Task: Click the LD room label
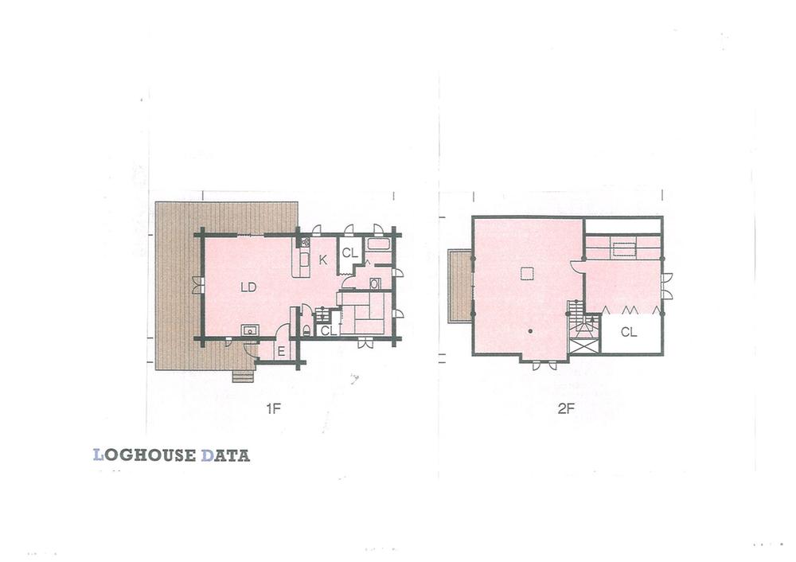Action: [248, 287]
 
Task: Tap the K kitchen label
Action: [324, 260]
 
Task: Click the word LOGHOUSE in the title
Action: [145, 456]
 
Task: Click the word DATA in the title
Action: [225, 456]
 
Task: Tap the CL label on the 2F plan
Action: [629, 333]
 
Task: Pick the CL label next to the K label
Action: [349, 253]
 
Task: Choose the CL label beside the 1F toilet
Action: [327, 330]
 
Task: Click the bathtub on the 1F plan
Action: [379, 244]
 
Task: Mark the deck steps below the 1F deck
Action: [243, 376]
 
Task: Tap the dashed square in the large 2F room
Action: [526, 273]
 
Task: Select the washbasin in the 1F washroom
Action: [375, 283]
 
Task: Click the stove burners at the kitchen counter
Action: [305, 242]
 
